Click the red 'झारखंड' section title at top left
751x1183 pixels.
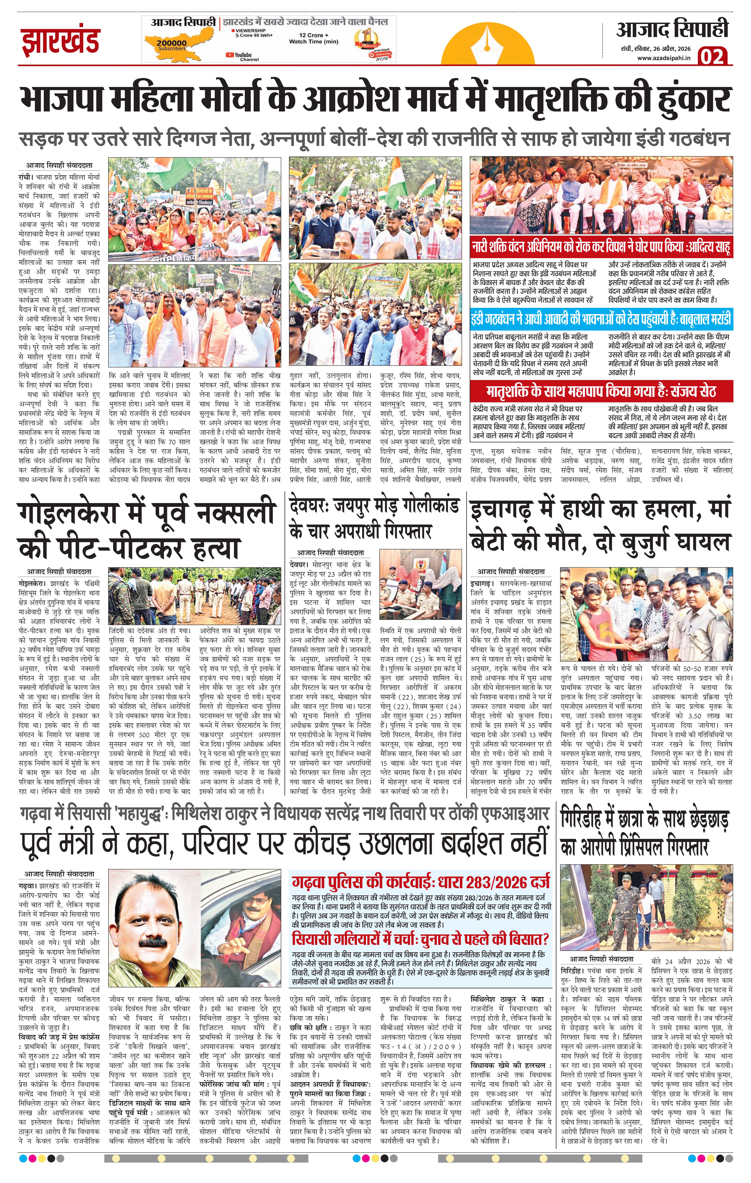[x=60, y=41]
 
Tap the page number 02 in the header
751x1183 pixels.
[x=712, y=57]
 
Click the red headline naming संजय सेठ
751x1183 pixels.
[x=601, y=392]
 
